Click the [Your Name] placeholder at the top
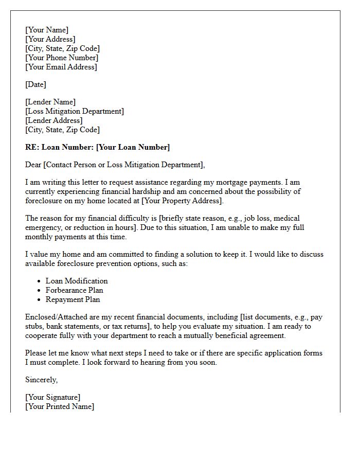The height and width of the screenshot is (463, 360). click(x=47, y=30)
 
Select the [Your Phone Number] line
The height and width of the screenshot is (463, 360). click(x=62, y=58)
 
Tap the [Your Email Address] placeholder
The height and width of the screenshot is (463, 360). click(x=61, y=67)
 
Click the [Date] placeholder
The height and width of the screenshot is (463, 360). click(x=35, y=84)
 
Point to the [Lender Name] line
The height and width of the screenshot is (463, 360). click(x=50, y=102)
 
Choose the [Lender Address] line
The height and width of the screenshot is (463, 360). click(x=54, y=120)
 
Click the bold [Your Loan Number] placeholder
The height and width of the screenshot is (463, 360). click(x=133, y=147)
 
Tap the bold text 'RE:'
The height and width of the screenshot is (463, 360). click(x=32, y=147)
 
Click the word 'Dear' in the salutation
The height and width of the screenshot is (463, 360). click(x=33, y=165)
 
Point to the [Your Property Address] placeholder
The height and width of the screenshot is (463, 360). click(x=177, y=201)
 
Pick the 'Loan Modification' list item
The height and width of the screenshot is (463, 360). click(x=77, y=281)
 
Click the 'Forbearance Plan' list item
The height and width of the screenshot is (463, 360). click(x=75, y=290)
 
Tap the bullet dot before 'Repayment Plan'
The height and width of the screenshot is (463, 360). click(x=40, y=299)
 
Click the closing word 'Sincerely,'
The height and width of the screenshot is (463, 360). click(x=42, y=380)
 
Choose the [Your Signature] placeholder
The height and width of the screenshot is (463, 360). click(x=53, y=397)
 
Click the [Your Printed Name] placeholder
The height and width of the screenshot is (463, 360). click(x=60, y=406)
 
